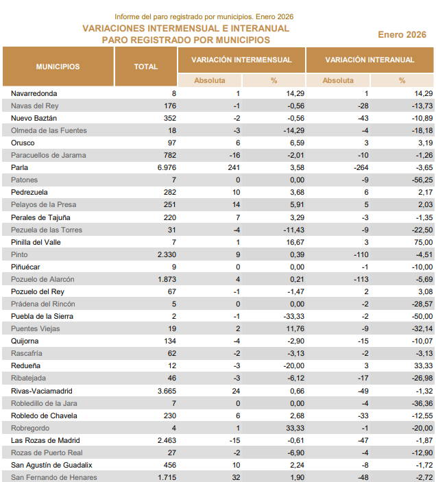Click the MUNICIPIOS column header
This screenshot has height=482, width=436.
(x=58, y=67)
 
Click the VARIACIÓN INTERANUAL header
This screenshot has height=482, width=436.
(x=370, y=60)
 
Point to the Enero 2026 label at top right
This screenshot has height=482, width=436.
(x=402, y=34)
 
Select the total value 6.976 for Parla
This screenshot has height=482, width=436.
(x=167, y=167)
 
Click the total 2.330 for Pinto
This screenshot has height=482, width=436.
(x=167, y=254)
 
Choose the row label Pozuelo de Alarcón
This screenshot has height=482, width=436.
(x=43, y=279)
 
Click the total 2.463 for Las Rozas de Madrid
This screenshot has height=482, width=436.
(x=167, y=440)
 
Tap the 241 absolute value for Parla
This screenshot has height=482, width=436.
(x=234, y=167)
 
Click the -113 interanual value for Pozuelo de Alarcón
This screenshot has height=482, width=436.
(x=362, y=279)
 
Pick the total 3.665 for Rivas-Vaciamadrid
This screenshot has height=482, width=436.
(x=167, y=390)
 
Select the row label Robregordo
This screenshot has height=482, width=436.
(x=31, y=428)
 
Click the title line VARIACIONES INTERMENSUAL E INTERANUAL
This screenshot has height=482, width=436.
(x=186, y=29)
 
